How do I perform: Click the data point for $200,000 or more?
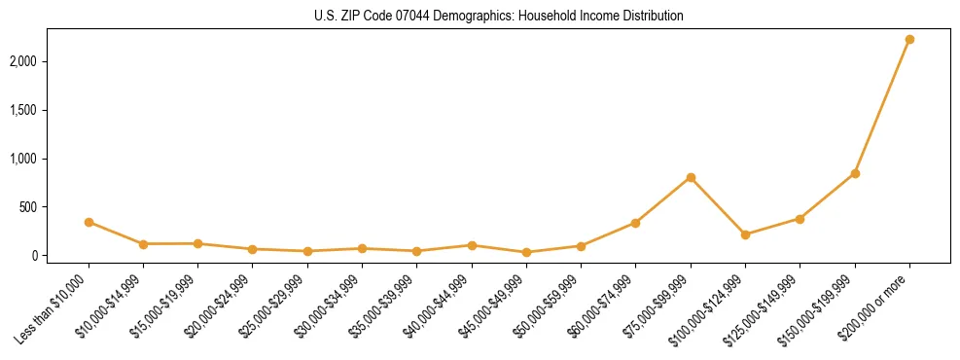tap(909, 40)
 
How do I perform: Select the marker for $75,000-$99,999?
tap(691, 178)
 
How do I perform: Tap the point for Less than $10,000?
tap(89, 222)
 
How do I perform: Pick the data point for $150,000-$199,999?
tap(855, 173)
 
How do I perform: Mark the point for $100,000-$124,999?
tap(745, 234)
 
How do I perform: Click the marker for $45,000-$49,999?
tap(526, 252)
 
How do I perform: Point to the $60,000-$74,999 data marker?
tap(635, 223)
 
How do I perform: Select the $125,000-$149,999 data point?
tap(800, 219)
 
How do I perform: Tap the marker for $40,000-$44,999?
tap(472, 245)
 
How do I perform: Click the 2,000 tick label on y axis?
tap(50, 61)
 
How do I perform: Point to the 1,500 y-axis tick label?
tap(50, 110)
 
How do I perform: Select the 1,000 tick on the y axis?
tap(50, 159)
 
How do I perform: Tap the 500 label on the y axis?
tap(54, 207)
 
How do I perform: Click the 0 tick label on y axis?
tap(61, 256)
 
